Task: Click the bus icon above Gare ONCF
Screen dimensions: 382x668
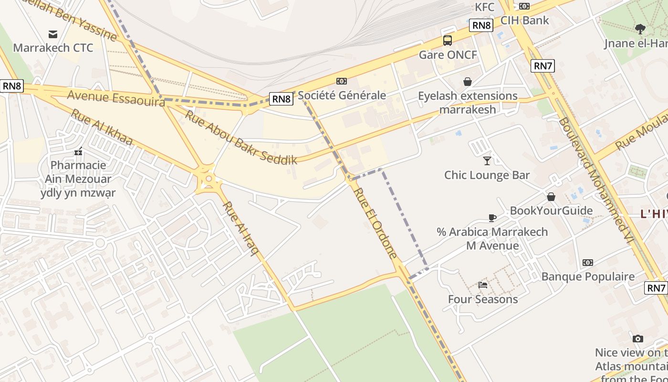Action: (447, 40)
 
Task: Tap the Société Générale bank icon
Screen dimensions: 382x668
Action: (342, 81)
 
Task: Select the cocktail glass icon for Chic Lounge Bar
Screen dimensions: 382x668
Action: (487, 160)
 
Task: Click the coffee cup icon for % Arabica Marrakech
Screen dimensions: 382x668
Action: (492, 218)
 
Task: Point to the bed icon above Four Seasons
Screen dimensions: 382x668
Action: (483, 285)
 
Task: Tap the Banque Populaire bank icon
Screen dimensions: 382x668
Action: (588, 262)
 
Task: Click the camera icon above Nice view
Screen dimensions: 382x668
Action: (638, 339)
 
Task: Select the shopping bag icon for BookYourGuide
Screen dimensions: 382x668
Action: (551, 197)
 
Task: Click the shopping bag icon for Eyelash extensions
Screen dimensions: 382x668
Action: (468, 82)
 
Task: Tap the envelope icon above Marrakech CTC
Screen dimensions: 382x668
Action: (53, 34)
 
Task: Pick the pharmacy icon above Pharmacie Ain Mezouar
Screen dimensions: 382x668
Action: (78, 151)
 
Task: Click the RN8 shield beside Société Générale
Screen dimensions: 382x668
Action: (281, 99)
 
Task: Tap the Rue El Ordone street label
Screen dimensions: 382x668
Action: (376, 223)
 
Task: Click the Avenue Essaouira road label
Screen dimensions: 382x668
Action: (116, 97)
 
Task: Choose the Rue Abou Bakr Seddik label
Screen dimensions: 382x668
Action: (241, 138)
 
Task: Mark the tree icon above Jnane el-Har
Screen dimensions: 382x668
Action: (640, 29)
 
